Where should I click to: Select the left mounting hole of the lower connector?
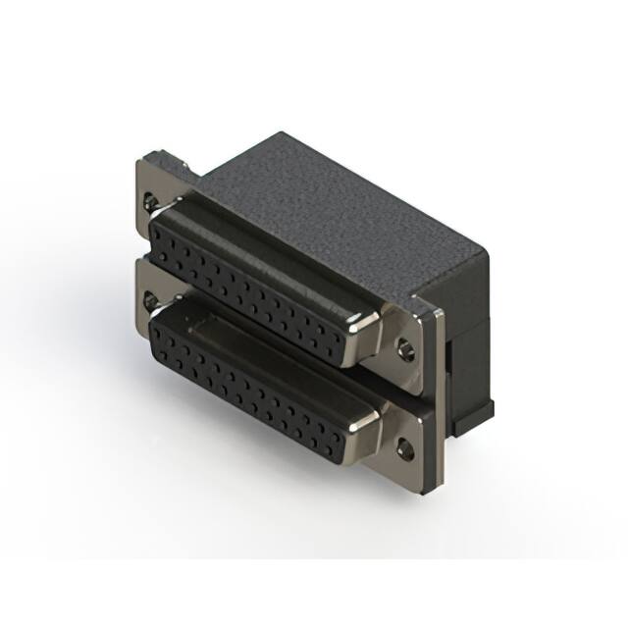point(149,297)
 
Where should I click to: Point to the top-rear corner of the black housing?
point(286,132)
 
